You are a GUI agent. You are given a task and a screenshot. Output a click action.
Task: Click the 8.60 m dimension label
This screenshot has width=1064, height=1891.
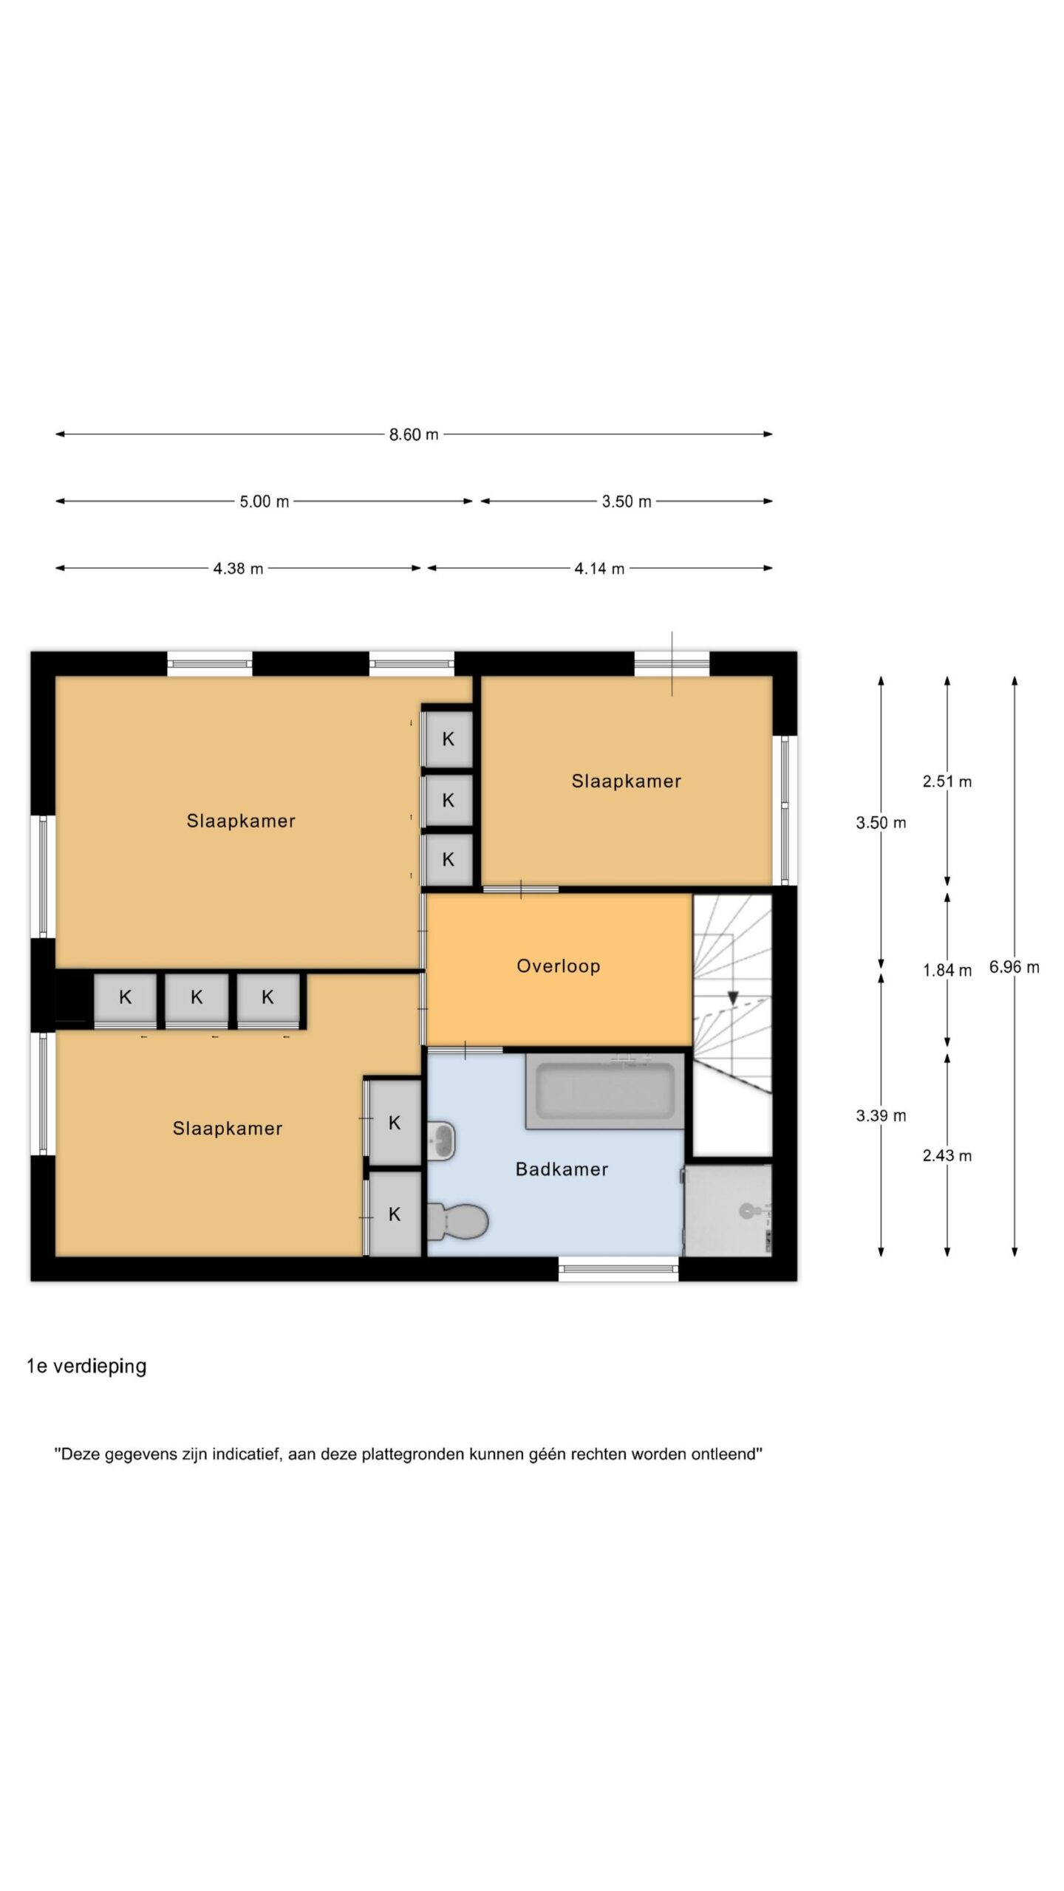pos(414,434)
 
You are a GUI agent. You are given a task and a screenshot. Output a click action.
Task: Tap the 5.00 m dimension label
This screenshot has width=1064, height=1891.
pos(264,502)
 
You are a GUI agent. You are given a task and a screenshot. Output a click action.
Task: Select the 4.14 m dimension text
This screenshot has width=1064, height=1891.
pos(599,569)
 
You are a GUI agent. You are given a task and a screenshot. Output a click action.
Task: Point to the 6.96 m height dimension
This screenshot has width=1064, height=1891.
pos(1014,967)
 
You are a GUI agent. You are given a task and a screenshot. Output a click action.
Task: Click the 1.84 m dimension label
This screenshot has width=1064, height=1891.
pos(947,971)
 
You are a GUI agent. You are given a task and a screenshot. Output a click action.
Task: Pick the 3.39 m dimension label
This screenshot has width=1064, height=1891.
pos(881,1116)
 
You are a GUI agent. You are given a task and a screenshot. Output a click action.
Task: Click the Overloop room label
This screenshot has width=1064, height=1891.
pos(559,966)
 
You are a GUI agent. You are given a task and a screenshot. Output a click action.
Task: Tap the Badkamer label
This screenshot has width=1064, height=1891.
pos(562,1169)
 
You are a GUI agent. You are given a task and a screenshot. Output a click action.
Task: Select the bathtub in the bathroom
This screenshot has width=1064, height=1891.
pos(605,1092)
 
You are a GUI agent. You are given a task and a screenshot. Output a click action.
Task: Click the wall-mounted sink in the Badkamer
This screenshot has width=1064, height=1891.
pos(441,1141)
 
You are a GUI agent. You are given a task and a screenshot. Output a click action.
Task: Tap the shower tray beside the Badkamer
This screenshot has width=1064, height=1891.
pos(728,1211)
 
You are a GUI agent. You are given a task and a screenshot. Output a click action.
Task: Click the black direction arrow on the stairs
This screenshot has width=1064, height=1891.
pos(733,997)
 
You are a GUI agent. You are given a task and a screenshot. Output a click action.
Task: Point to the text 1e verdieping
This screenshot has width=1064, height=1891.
pos(86,1367)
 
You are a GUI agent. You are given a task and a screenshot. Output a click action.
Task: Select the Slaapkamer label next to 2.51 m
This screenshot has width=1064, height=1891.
pos(627,782)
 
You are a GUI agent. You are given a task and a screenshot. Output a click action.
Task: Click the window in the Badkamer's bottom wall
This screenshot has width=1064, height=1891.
pos(619,1269)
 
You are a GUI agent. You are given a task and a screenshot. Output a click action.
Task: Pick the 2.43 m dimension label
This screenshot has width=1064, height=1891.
pos(947,1156)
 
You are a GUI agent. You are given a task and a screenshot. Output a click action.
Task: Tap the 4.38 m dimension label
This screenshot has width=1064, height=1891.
pos(238,569)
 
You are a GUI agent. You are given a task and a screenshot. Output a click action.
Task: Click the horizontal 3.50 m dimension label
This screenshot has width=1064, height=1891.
pos(627,502)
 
